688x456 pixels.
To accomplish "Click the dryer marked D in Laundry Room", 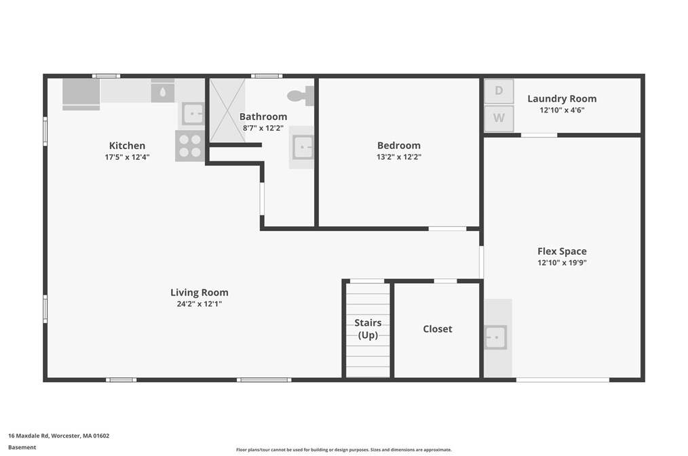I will pyautogui.click(x=499, y=91).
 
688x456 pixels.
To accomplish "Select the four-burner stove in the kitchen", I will pyautogui.click(x=190, y=146).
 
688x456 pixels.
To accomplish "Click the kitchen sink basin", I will pyautogui.click(x=193, y=113).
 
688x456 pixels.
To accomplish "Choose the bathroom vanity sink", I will pyautogui.click(x=302, y=146).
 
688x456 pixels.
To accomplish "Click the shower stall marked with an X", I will pyautogui.click(x=227, y=110).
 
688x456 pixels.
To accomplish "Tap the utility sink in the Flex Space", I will pyautogui.click(x=495, y=337).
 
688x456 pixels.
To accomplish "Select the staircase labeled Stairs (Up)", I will pyautogui.click(x=368, y=329).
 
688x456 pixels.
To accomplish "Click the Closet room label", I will pyautogui.click(x=437, y=329).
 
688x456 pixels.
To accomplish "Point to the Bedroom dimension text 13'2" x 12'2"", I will pyautogui.click(x=398, y=157).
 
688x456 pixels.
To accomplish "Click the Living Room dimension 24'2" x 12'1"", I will pyautogui.click(x=199, y=304).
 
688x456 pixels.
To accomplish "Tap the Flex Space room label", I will pyautogui.click(x=562, y=251).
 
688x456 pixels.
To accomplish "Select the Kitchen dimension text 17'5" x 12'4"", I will pyautogui.click(x=127, y=157).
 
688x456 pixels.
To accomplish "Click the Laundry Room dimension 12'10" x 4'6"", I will pyautogui.click(x=562, y=110).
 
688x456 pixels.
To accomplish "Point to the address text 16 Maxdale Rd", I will pyautogui.click(x=58, y=436).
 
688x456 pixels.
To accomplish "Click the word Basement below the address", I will pyautogui.click(x=22, y=447).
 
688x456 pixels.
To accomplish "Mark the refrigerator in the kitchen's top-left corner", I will pyautogui.click(x=81, y=94).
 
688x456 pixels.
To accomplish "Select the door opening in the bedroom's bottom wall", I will pyautogui.click(x=447, y=228).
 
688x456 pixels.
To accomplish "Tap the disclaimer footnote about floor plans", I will pyautogui.click(x=343, y=449).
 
